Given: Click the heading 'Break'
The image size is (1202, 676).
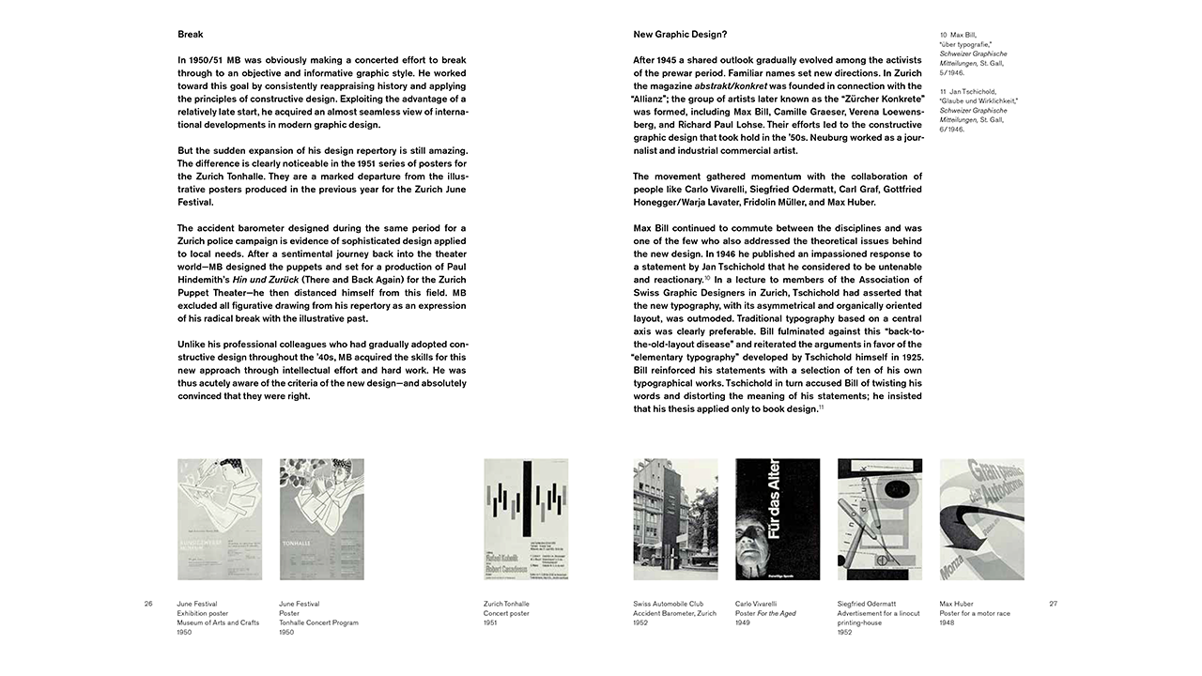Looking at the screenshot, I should (x=191, y=35).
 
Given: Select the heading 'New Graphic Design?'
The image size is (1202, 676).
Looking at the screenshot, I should (x=680, y=35).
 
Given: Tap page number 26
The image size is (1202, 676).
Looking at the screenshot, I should (x=148, y=604).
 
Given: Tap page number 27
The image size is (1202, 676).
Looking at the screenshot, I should (x=1053, y=604).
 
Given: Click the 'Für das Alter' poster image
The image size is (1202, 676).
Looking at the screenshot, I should (x=778, y=519).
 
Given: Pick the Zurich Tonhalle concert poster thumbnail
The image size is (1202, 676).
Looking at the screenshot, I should (x=526, y=519).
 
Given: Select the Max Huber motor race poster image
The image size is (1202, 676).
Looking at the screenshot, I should (x=981, y=519).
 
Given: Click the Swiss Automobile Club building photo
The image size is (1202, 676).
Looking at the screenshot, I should (x=675, y=519).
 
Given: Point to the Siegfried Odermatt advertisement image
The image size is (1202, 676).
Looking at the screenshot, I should (x=880, y=519).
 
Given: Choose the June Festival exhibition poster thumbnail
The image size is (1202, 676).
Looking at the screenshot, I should (x=220, y=519).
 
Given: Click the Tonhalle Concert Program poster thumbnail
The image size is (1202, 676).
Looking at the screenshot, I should (x=322, y=519).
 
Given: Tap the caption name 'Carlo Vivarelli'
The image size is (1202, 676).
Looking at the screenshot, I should (x=756, y=604).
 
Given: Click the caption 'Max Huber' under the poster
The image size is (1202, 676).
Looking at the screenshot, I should (x=956, y=604).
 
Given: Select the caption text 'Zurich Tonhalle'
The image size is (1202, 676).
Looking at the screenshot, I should (x=506, y=604).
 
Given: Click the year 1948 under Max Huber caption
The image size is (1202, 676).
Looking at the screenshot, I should (x=948, y=622).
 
